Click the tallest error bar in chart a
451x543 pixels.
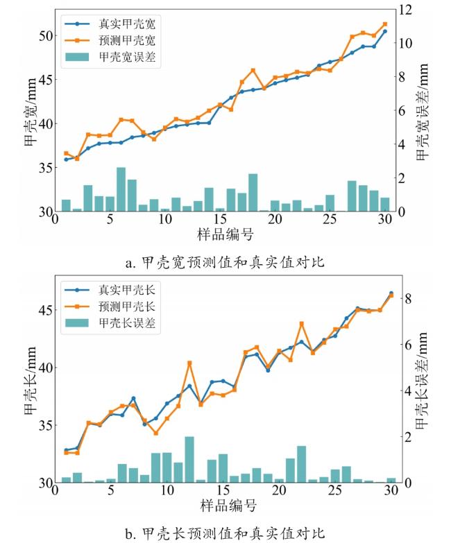[121, 189]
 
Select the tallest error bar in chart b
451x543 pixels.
[189, 459]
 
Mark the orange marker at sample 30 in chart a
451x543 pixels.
[385, 24]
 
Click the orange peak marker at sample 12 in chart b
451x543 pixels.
[189, 363]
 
